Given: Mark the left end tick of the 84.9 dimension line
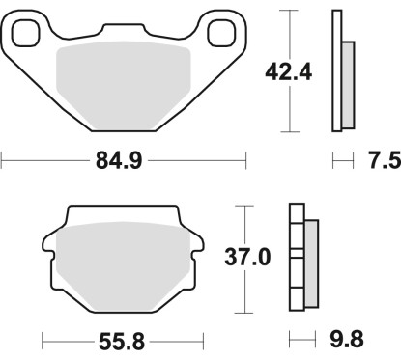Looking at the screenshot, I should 2,161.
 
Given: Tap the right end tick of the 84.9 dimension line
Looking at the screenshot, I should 246,161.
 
